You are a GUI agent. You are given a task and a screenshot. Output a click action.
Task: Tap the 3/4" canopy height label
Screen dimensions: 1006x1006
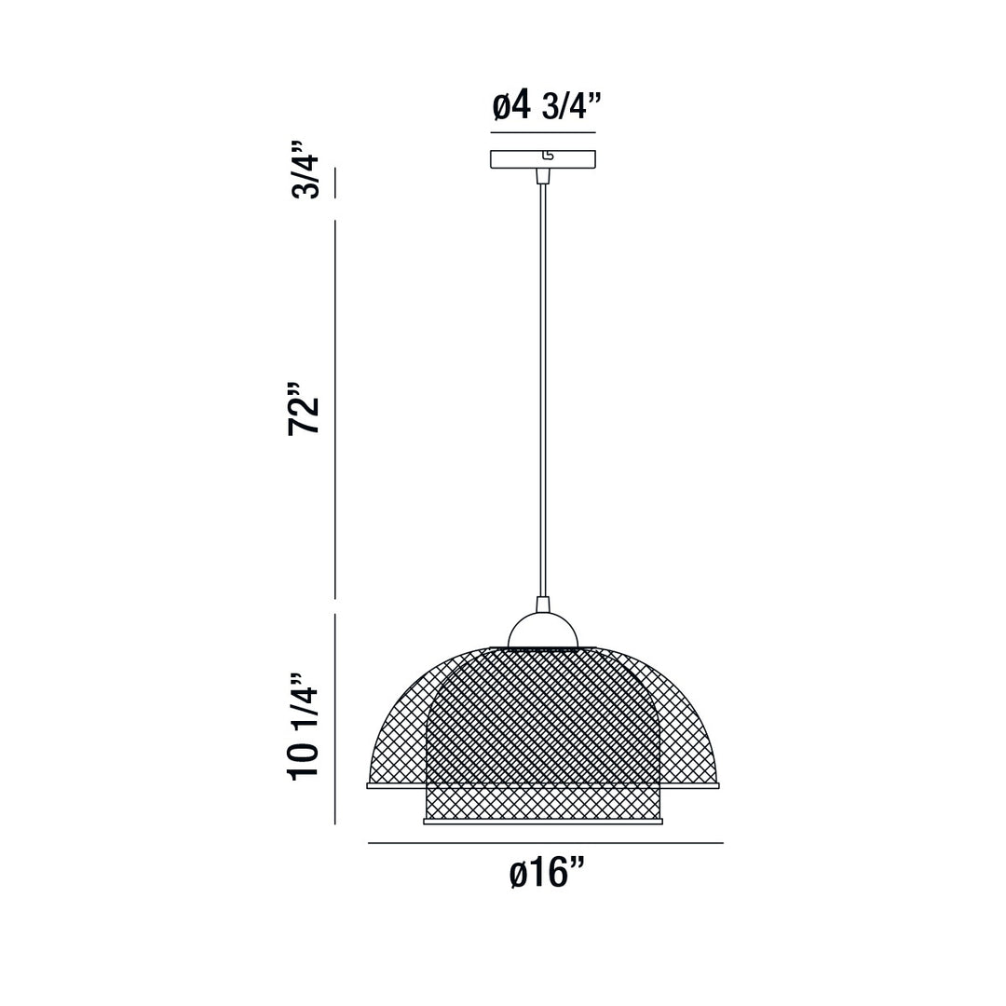point(306,170)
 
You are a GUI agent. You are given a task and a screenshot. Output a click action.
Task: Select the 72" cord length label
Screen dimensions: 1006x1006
point(305,409)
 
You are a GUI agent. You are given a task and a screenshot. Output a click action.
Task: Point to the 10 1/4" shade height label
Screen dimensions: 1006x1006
point(305,727)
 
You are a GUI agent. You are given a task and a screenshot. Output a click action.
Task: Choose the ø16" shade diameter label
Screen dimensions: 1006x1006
point(547,873)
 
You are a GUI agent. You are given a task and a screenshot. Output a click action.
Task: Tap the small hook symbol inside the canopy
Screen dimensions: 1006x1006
point(548,156)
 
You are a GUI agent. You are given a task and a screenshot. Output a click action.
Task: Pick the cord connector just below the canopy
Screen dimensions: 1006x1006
point(543,176)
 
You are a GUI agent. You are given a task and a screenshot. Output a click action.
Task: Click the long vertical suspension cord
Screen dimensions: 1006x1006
point(543,391)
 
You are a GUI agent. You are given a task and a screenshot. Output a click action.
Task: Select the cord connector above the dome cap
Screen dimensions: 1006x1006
point(543,605)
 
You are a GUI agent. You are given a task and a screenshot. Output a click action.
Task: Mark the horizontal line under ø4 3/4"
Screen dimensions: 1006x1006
point(543,132)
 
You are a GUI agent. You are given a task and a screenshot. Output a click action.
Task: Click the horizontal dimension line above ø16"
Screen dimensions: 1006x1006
point(545,843)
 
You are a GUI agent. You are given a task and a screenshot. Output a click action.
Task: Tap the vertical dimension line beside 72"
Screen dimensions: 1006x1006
point(335,410)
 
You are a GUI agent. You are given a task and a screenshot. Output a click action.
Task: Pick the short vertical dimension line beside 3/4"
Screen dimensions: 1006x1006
point(335,183)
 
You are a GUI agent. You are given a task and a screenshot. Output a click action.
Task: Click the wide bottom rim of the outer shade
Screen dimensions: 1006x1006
point(391,786)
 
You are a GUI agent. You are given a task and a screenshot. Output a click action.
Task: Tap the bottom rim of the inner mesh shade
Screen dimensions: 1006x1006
point(543,822)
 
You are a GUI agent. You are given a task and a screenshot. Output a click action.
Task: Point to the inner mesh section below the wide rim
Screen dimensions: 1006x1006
point(543,804)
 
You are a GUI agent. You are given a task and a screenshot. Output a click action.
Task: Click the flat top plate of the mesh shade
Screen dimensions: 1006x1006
point(543,648)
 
